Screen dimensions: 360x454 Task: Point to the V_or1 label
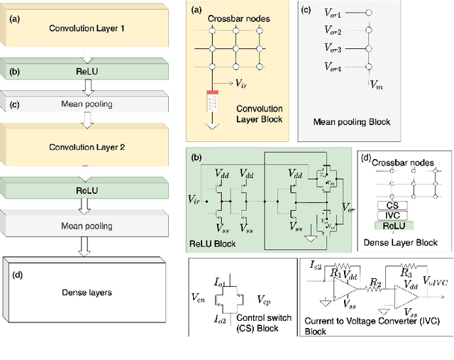point(332,13)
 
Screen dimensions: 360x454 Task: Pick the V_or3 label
point(332,50)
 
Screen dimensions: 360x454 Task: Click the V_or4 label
point(332,67)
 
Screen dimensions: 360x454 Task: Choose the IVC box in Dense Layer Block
point(388,215)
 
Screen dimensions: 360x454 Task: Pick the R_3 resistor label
point(406,271)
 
